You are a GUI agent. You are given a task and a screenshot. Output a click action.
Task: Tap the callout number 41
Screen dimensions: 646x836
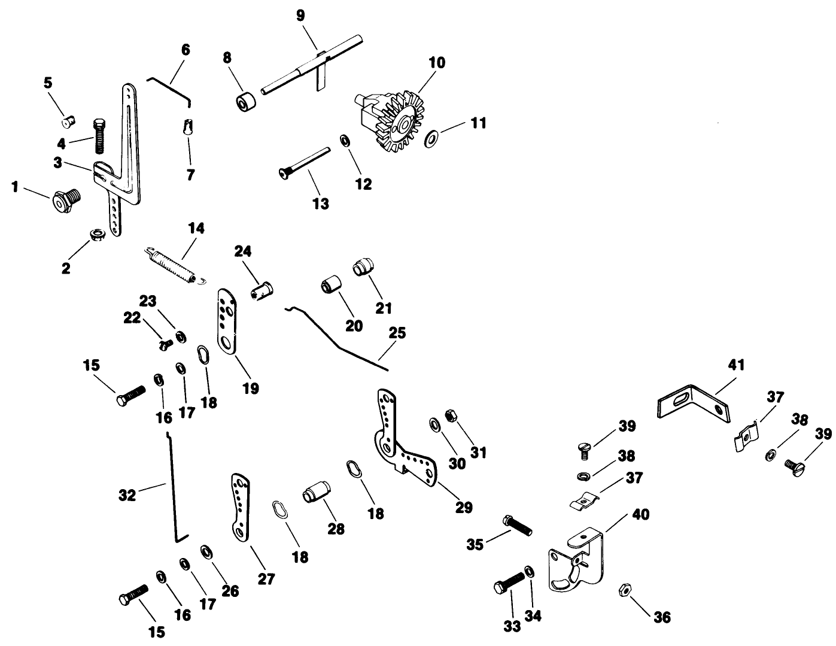point(737,365)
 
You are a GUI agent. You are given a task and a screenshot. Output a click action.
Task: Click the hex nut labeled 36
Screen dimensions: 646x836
point(623,590)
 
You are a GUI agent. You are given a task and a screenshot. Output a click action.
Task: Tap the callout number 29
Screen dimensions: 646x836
point(463,507)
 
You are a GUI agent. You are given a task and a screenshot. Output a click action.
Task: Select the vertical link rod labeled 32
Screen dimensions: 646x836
point(173,488)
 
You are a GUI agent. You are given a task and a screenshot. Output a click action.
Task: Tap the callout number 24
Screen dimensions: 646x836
point(242,251)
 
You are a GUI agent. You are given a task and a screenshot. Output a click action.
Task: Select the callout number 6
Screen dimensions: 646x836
point(186,50)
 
